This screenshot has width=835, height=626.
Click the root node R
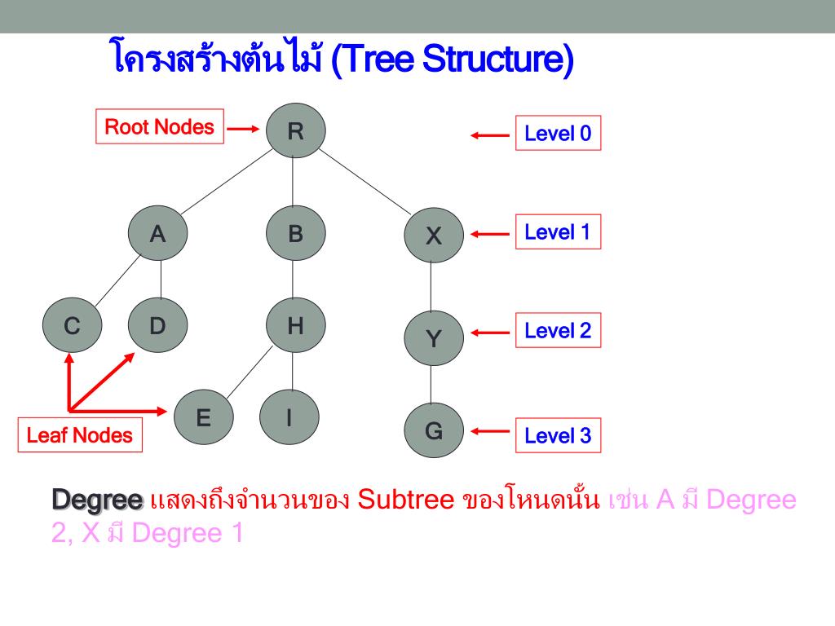coord(295,130)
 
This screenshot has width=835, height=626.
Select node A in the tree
coord(157,234)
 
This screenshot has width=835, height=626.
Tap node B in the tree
coord(295,234)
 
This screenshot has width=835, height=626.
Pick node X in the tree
coord(434,236)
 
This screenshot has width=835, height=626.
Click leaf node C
coord(73,327)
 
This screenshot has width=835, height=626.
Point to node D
coord(157,326)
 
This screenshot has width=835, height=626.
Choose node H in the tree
coord(295,326)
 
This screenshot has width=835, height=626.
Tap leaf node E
coord(204,418)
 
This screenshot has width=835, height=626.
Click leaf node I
coord(289,418)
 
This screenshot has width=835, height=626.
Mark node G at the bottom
coord(434,430)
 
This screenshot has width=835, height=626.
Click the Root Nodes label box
coord(160,127)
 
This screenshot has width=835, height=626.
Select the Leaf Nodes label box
coord(79,435)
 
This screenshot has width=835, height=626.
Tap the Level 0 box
coord(558,134)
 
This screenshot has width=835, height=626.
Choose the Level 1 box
coord(558,232)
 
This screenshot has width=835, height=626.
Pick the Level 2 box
coord(558,331)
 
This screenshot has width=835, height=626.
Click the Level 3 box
coord(558,435)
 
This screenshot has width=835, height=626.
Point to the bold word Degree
coord(97,499)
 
